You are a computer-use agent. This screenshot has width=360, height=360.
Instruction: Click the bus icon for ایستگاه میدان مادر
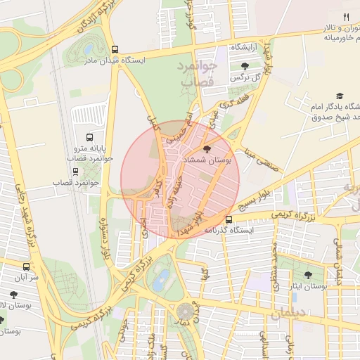click(x=115, y=50)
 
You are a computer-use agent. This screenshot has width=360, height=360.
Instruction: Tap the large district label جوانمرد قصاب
click(x=201, y=75)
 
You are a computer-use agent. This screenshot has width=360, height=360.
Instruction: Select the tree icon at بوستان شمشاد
click(x=206, y=149)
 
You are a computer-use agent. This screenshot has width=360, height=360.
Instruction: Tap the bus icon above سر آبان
click(x=27, y=266)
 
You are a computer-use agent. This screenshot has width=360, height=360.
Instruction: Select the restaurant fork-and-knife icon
click(x=345, y=17)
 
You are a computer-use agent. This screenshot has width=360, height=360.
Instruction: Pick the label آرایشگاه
click(x=244, y=46)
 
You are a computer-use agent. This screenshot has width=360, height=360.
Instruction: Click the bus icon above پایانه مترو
click(x=89, y=137)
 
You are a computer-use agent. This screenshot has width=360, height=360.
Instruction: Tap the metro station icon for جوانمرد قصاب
click(x=75, y=171)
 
